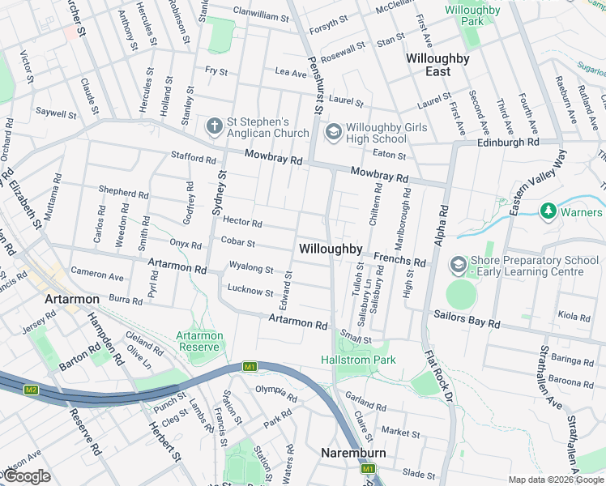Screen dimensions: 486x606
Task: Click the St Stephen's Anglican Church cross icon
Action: click(x=214, y=126)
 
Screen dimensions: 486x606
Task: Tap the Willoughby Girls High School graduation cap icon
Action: click(x=333, y=131)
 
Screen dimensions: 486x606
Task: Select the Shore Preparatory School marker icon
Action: click(x=458, y=265)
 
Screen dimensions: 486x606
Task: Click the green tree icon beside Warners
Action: click(x=548, y=211)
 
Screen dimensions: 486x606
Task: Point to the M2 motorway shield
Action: click(x=31, y=390)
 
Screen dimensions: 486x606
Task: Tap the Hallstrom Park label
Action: click(x=358, y=359)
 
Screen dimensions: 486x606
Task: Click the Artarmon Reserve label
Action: click(x=198, y=341)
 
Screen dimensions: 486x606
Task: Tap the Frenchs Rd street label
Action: click(x=399, y=261)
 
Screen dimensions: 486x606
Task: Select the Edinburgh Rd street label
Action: click(x=508, y=142)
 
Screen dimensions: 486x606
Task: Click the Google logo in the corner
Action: click(x=27, y=476)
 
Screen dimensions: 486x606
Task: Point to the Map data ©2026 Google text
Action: click(x=555, y=480)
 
